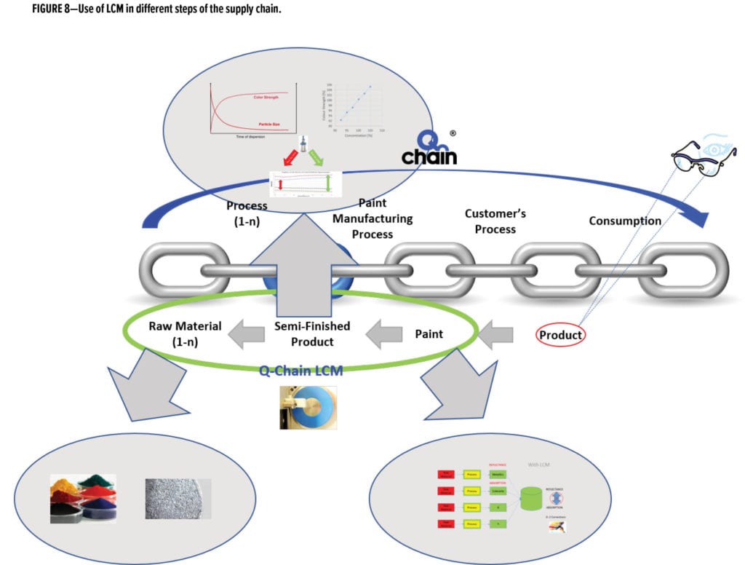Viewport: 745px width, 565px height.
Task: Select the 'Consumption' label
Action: point(625,221)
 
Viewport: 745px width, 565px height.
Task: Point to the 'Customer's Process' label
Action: point(495,221)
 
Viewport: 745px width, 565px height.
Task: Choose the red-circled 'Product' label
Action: point(561,335)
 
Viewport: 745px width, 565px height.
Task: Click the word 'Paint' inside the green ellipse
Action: point(429,333)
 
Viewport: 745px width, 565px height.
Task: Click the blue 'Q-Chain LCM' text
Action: point(301,369)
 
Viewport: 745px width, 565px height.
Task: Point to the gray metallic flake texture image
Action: point(178,498)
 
